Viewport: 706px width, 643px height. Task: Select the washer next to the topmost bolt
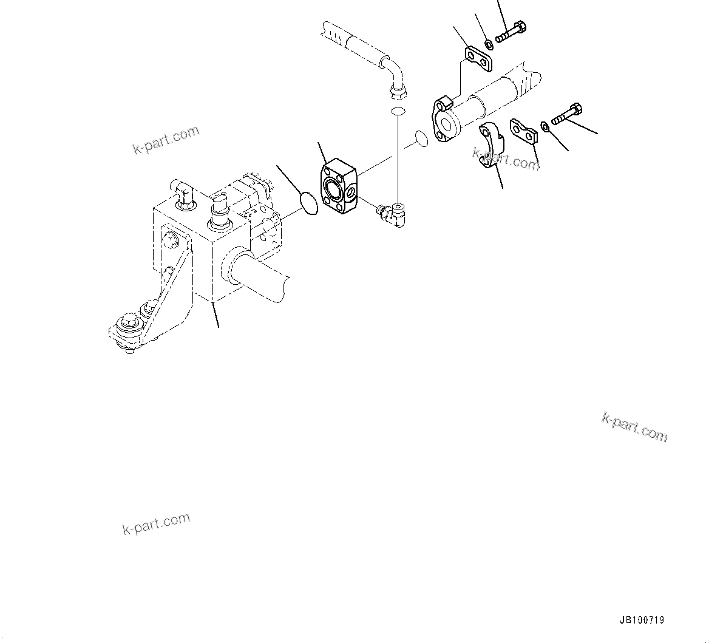pos(489,44)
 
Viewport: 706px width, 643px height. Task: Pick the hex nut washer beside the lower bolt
pos(545,126)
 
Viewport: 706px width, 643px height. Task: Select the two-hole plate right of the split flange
pos(524,132)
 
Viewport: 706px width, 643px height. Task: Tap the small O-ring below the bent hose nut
pos(398,111)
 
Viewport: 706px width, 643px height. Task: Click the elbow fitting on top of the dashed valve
pos(184,192)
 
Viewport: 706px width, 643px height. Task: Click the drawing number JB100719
pos(642,620)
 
